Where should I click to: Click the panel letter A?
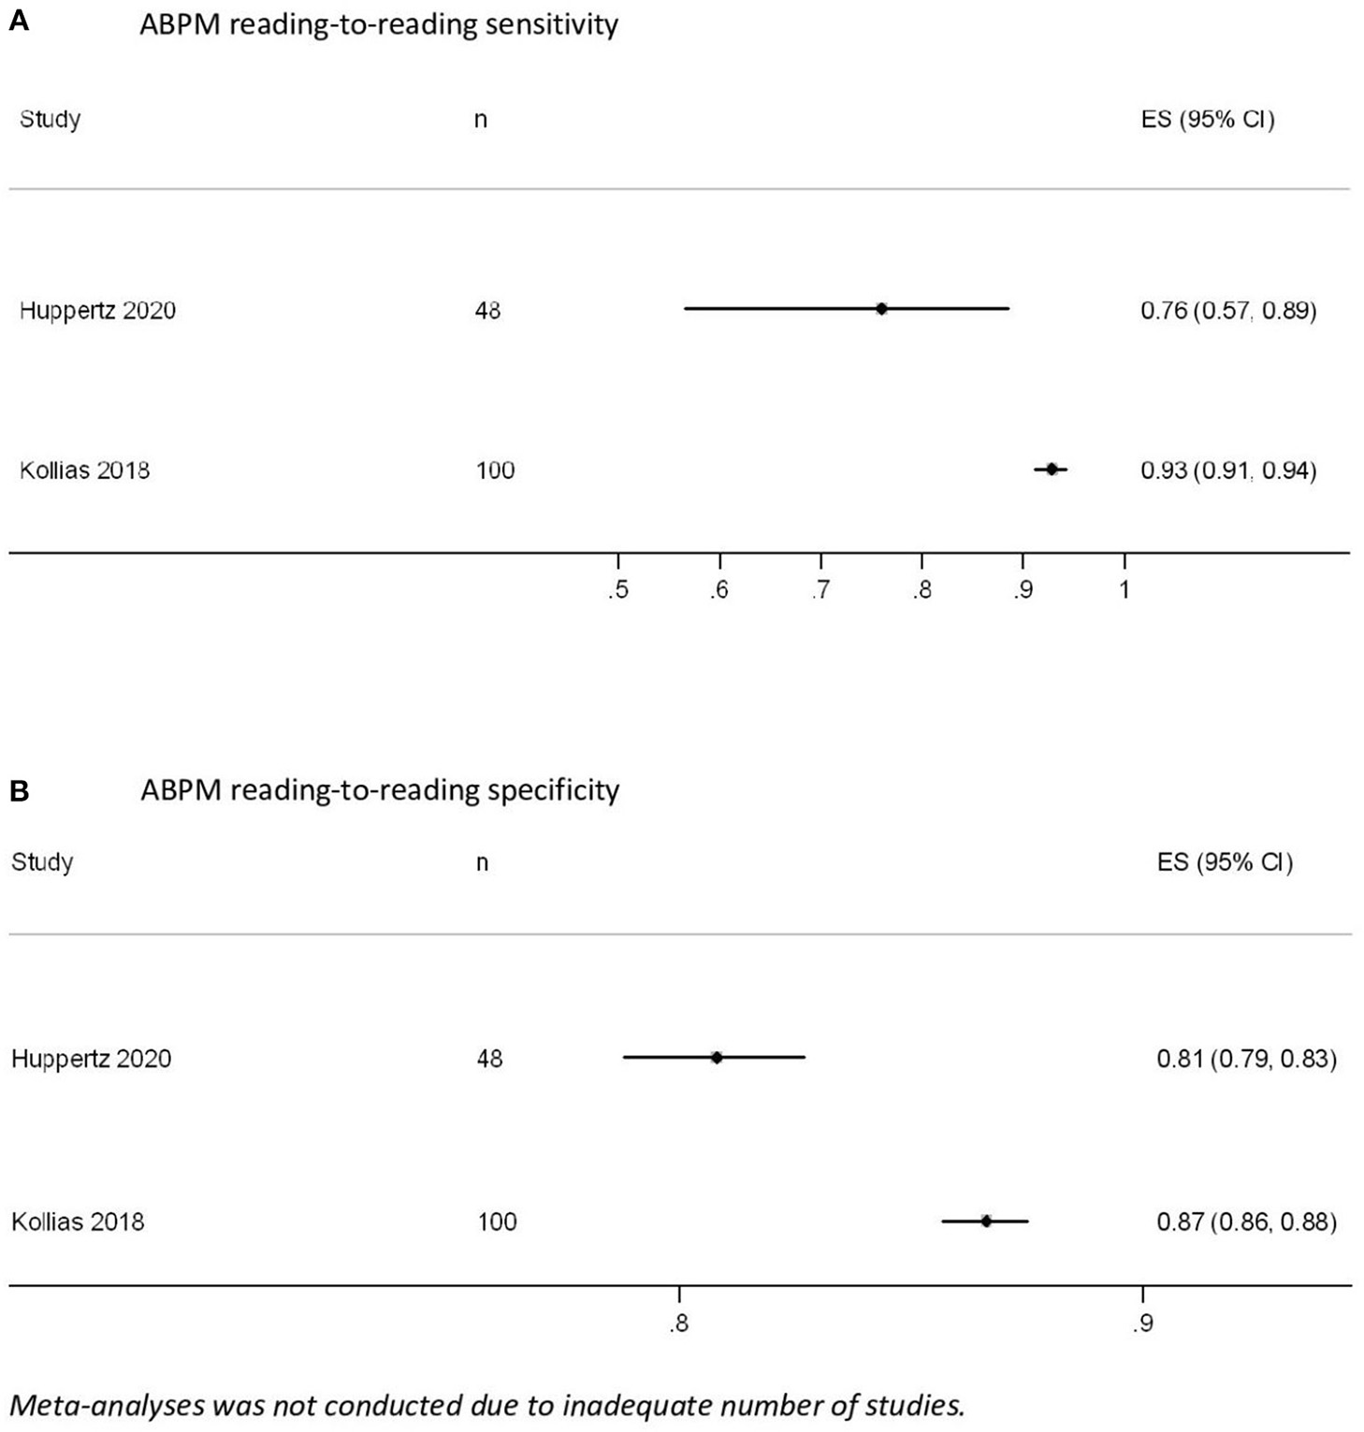point(19,22)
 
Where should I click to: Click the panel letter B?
point(19,791)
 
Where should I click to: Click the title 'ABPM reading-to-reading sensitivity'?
point(379,24)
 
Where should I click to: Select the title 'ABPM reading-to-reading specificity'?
point(380,790)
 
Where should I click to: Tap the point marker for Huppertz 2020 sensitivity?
point(881,309)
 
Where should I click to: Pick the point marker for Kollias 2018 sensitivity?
point(1052,470)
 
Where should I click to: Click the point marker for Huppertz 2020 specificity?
point(717,1058)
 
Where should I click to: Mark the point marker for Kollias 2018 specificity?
point(986,1221)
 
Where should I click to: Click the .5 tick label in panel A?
point(617,591)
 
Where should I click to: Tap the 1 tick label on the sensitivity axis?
point(1125,591)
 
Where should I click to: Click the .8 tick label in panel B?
point(678,1324)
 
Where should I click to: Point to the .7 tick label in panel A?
point(820,591)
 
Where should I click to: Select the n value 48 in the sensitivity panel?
point(487,311)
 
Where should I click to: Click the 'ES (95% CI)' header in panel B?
point(1225,862)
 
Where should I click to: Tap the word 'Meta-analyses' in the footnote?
point(104,1405)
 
